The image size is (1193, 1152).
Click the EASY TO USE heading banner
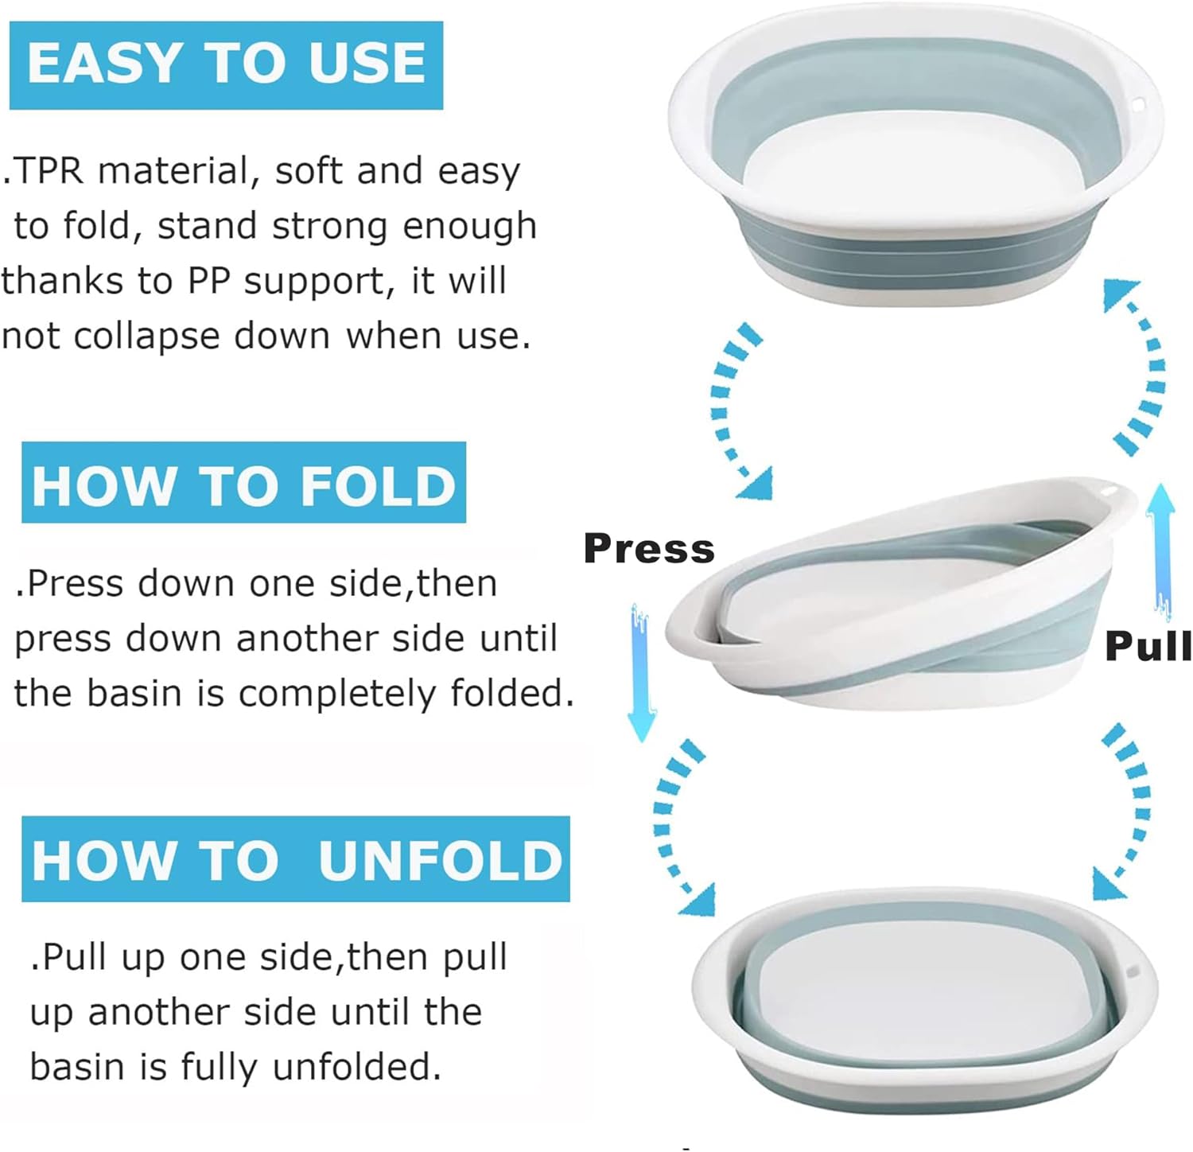226,64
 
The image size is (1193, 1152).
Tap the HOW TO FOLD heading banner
243,484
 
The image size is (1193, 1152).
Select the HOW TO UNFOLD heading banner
296,859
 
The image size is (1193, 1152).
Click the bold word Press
648,549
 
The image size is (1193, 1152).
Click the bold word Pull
1148,645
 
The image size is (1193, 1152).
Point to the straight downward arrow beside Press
641,672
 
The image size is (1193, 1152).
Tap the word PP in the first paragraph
209,281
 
